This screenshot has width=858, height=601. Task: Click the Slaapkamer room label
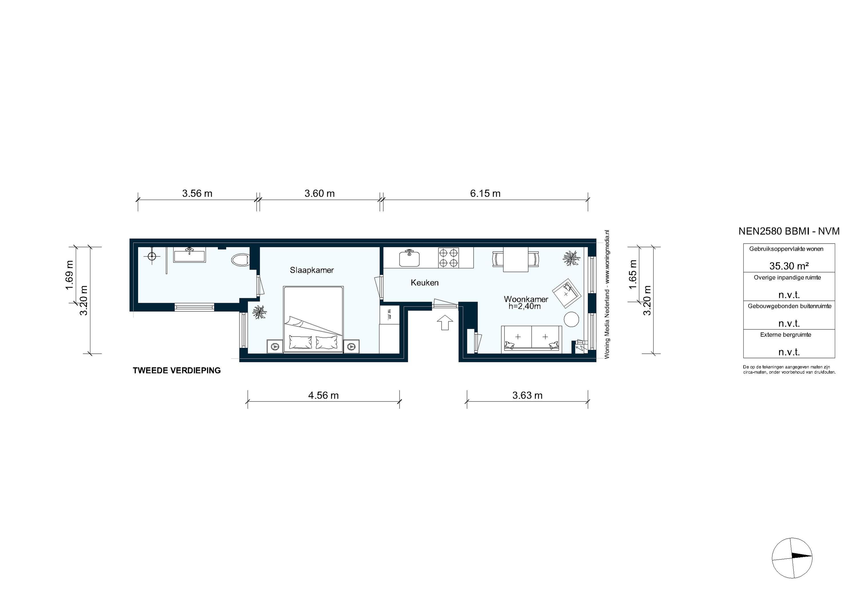pos(312,270)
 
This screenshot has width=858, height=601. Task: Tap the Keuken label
pos(424,283)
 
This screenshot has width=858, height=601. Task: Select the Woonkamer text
pos(526,299)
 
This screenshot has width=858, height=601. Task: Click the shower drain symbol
pos(151,256)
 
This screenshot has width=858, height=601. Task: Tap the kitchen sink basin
pos(409,258)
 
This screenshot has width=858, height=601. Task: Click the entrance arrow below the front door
pos(445,322)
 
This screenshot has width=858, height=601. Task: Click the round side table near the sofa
pos(571,319)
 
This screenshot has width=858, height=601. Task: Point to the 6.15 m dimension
pos(485,193)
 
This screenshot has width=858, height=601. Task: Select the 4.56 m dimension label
pos(323,395)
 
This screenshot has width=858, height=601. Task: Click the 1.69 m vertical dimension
pos(69,275)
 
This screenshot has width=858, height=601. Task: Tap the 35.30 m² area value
pos(789,266)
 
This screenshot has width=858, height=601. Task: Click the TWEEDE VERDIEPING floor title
pos(177,370)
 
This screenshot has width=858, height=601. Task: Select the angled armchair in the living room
pos(567,293)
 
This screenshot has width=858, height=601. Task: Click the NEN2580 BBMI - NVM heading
pos(789,231)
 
